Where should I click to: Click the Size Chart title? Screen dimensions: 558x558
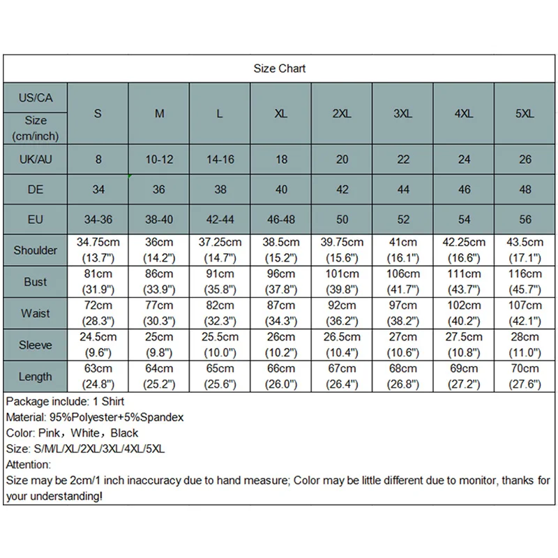[x=279, y=68]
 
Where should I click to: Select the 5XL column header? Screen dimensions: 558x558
[x=525, y=114]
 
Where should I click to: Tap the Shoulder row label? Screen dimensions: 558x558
[x=36, y=250]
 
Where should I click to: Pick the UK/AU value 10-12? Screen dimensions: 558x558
[x=159, y=160]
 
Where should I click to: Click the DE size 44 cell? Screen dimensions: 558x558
[x=403, y=190]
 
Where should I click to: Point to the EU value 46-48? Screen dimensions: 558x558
[x=281, y=220]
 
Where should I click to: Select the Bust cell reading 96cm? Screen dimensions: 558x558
[x=281, y=281]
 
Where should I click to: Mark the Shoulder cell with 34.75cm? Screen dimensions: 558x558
[x=98, y=250]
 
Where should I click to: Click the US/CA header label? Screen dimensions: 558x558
[x=36, y=98]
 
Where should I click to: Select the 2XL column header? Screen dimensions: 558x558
[x=342, y=114]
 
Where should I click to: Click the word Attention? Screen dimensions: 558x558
[x=28, y=465]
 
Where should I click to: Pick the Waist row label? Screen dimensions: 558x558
[x=36, y=313]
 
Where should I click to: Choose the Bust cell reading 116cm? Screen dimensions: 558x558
[x=525, y=281]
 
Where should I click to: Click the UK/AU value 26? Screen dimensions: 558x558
[x=525, y=160]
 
